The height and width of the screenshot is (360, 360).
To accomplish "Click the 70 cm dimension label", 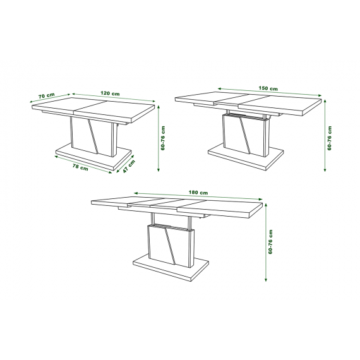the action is click(46, 95).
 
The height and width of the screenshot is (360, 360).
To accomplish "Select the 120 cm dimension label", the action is click(110, 93).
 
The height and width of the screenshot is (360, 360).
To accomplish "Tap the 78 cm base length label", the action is click(80, 167).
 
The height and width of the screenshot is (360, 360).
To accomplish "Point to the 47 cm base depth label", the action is click(129, 166).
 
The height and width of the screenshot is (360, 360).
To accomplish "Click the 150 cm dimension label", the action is click(268, 88).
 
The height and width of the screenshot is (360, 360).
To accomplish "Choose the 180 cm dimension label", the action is click(198, 193).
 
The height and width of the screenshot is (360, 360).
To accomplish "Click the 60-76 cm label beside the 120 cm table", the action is click(163, 138).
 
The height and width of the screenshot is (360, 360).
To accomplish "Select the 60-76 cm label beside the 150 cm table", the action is click(330, 138).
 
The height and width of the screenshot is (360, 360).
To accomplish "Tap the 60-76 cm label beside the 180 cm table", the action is click(270, 242).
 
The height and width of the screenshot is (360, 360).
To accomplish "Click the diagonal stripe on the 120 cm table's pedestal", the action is click(93, 136).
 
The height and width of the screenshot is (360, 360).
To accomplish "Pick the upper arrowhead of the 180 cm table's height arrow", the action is click(266, 204).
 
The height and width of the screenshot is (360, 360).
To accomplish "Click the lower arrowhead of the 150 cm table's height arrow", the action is click(325, 170).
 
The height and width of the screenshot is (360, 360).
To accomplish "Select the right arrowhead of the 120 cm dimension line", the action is click(154, 100).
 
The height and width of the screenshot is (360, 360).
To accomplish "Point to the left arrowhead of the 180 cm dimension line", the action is click(136, 193).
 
